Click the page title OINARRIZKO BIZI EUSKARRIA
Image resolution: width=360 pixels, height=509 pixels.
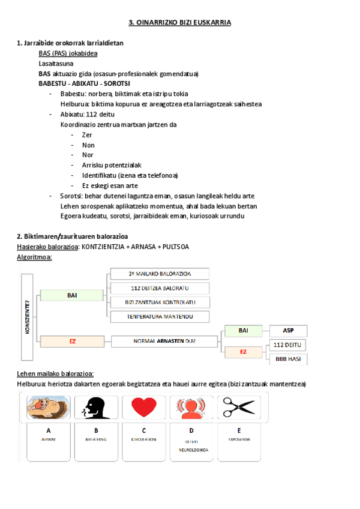(x=180, y=22)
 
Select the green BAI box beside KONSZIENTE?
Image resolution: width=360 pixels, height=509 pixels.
(x=72, y=295)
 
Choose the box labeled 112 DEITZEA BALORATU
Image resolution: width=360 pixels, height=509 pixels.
(x=160, y=288)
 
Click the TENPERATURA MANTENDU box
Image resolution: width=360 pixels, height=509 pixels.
(x=160, y=316)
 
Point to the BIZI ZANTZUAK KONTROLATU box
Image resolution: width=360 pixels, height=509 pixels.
(x=160, y=302)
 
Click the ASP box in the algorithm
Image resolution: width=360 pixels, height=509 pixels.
(x=287, y=331)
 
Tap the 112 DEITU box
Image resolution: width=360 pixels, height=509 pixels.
(x=287, y=345)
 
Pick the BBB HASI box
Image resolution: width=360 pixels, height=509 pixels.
(x=287, y=359)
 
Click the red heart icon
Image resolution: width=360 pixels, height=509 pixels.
(x=144, y=407)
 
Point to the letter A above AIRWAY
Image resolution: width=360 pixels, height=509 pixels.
(x=49, y=430)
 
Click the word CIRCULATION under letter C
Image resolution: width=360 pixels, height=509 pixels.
(x=144, y=439)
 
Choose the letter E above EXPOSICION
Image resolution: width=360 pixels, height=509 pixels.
(x=239, y=430)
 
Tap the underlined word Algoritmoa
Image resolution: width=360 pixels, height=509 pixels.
(x=34, y=257)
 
